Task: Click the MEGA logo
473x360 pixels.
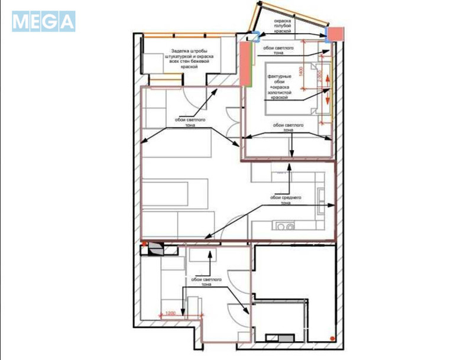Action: [x=44, y=22]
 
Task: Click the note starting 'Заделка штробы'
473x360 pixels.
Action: [x=192, y=59]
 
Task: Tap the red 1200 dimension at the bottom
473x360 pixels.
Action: [x=170, y=313]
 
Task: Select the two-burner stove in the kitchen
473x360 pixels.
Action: [x=286, y=225]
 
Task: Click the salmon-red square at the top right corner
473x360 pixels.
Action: [x=336, y=33]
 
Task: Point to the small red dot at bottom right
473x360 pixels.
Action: [x=335, y=339]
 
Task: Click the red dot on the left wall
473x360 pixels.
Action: [x=143, y=243]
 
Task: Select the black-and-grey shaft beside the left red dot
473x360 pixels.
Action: [x=157, y=249]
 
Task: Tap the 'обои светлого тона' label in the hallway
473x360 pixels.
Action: [x=206, y=281]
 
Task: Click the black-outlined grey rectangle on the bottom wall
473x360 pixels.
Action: [x=281, y=338]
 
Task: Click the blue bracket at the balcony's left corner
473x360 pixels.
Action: [x=254, y=36]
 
